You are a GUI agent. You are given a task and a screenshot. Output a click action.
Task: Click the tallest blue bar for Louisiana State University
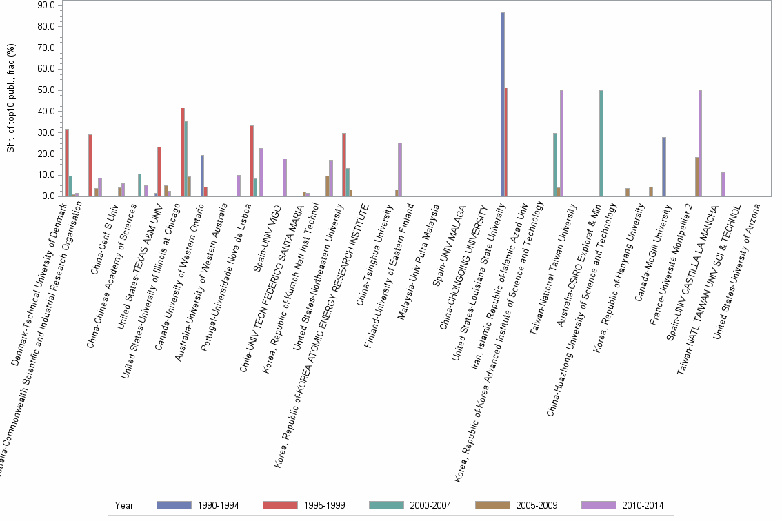[503, 104]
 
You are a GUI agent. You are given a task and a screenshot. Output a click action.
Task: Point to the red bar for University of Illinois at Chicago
[183, 152]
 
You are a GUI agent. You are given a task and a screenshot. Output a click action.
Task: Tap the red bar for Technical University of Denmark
[67, 163]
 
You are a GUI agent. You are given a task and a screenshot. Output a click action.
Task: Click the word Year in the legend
[124, 505]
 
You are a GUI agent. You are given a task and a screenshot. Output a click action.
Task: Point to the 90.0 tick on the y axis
[46, 6]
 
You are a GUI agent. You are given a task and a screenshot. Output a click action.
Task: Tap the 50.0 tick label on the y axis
[46, 90]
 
